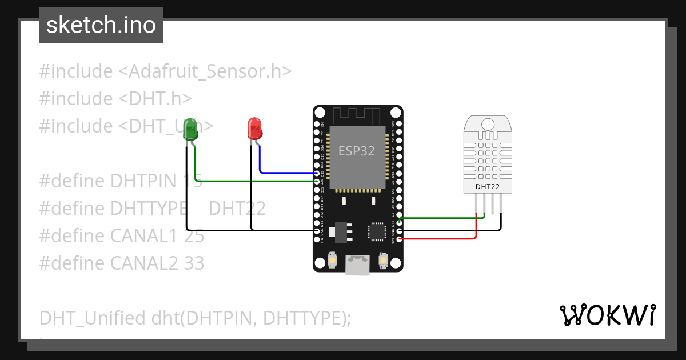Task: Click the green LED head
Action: (190, 130)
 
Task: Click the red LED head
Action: (254, 128)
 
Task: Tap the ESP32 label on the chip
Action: (356, 151)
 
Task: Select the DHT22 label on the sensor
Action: (488, 186)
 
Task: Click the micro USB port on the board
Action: (358, 265)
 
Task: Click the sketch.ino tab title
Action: (101, 25)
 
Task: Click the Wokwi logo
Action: (607, 315)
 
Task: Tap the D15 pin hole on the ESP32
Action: (399, 218)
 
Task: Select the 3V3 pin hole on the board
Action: (399, 239)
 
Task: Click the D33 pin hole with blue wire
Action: (317, 173)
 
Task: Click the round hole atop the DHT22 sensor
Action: (488, 123)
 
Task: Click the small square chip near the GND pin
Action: (377, 231)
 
